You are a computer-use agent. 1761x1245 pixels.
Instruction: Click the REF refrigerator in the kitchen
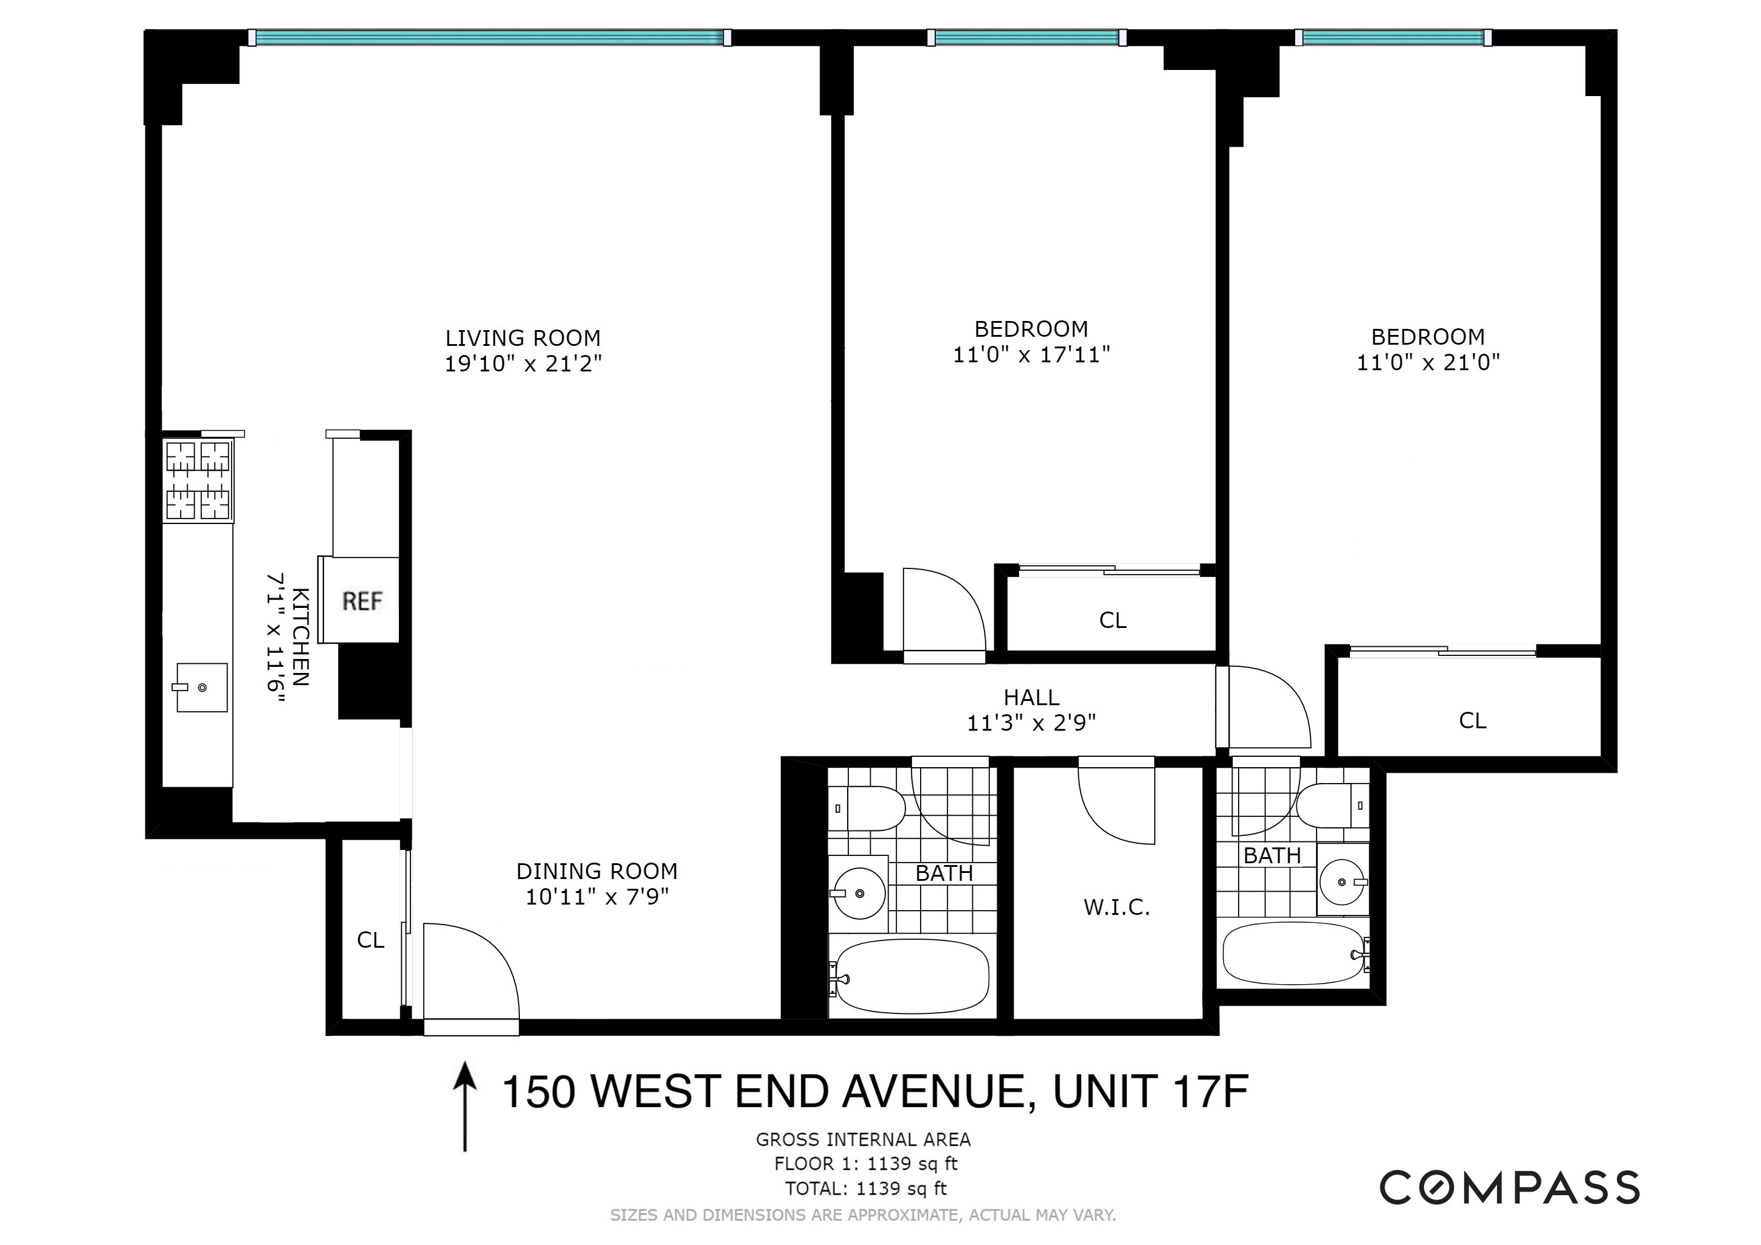click(361, 600)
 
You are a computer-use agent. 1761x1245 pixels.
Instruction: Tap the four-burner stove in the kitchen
click(199, 482)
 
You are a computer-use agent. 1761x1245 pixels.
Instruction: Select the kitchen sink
click(202, 688)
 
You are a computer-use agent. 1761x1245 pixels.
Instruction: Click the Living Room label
click(523, 338)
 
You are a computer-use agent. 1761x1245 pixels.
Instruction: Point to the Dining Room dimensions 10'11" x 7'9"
click(597, 896)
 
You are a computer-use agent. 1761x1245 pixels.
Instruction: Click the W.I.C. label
click(1116, 908)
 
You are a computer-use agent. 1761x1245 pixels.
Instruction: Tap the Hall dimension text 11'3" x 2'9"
click(1031, 723)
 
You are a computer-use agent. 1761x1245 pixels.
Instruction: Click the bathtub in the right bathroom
click(1294, 954)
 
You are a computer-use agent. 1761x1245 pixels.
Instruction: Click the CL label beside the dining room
click(370, 940)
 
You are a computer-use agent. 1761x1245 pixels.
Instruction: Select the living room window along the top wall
click(490, 37)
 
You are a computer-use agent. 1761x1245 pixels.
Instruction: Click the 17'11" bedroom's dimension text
click(1031, 355)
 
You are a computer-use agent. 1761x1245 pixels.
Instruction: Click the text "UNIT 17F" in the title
click(1150, 1092)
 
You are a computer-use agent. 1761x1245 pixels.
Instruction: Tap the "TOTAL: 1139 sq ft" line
click(866, 1188)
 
